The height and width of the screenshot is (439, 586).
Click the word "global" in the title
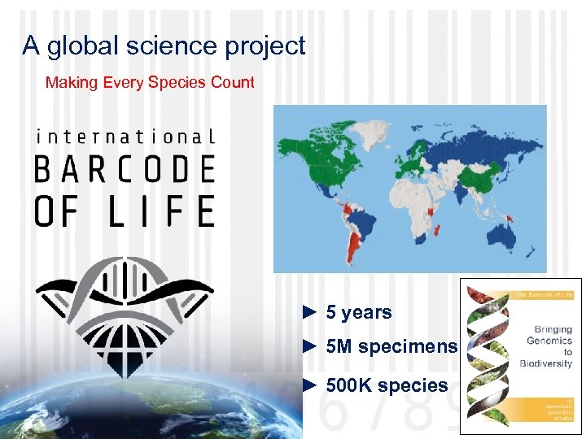pos(81,46)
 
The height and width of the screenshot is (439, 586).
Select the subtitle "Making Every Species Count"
pos(150,82)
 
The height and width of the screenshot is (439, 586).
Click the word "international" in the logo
pos(125,137)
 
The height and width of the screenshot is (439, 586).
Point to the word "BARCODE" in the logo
pos(125,169)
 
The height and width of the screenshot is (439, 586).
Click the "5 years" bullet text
pos(358,312)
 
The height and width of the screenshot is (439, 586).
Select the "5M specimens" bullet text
pos(391,347)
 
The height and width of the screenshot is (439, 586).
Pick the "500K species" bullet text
pos(387,385)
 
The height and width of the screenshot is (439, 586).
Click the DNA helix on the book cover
pos(488,358)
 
